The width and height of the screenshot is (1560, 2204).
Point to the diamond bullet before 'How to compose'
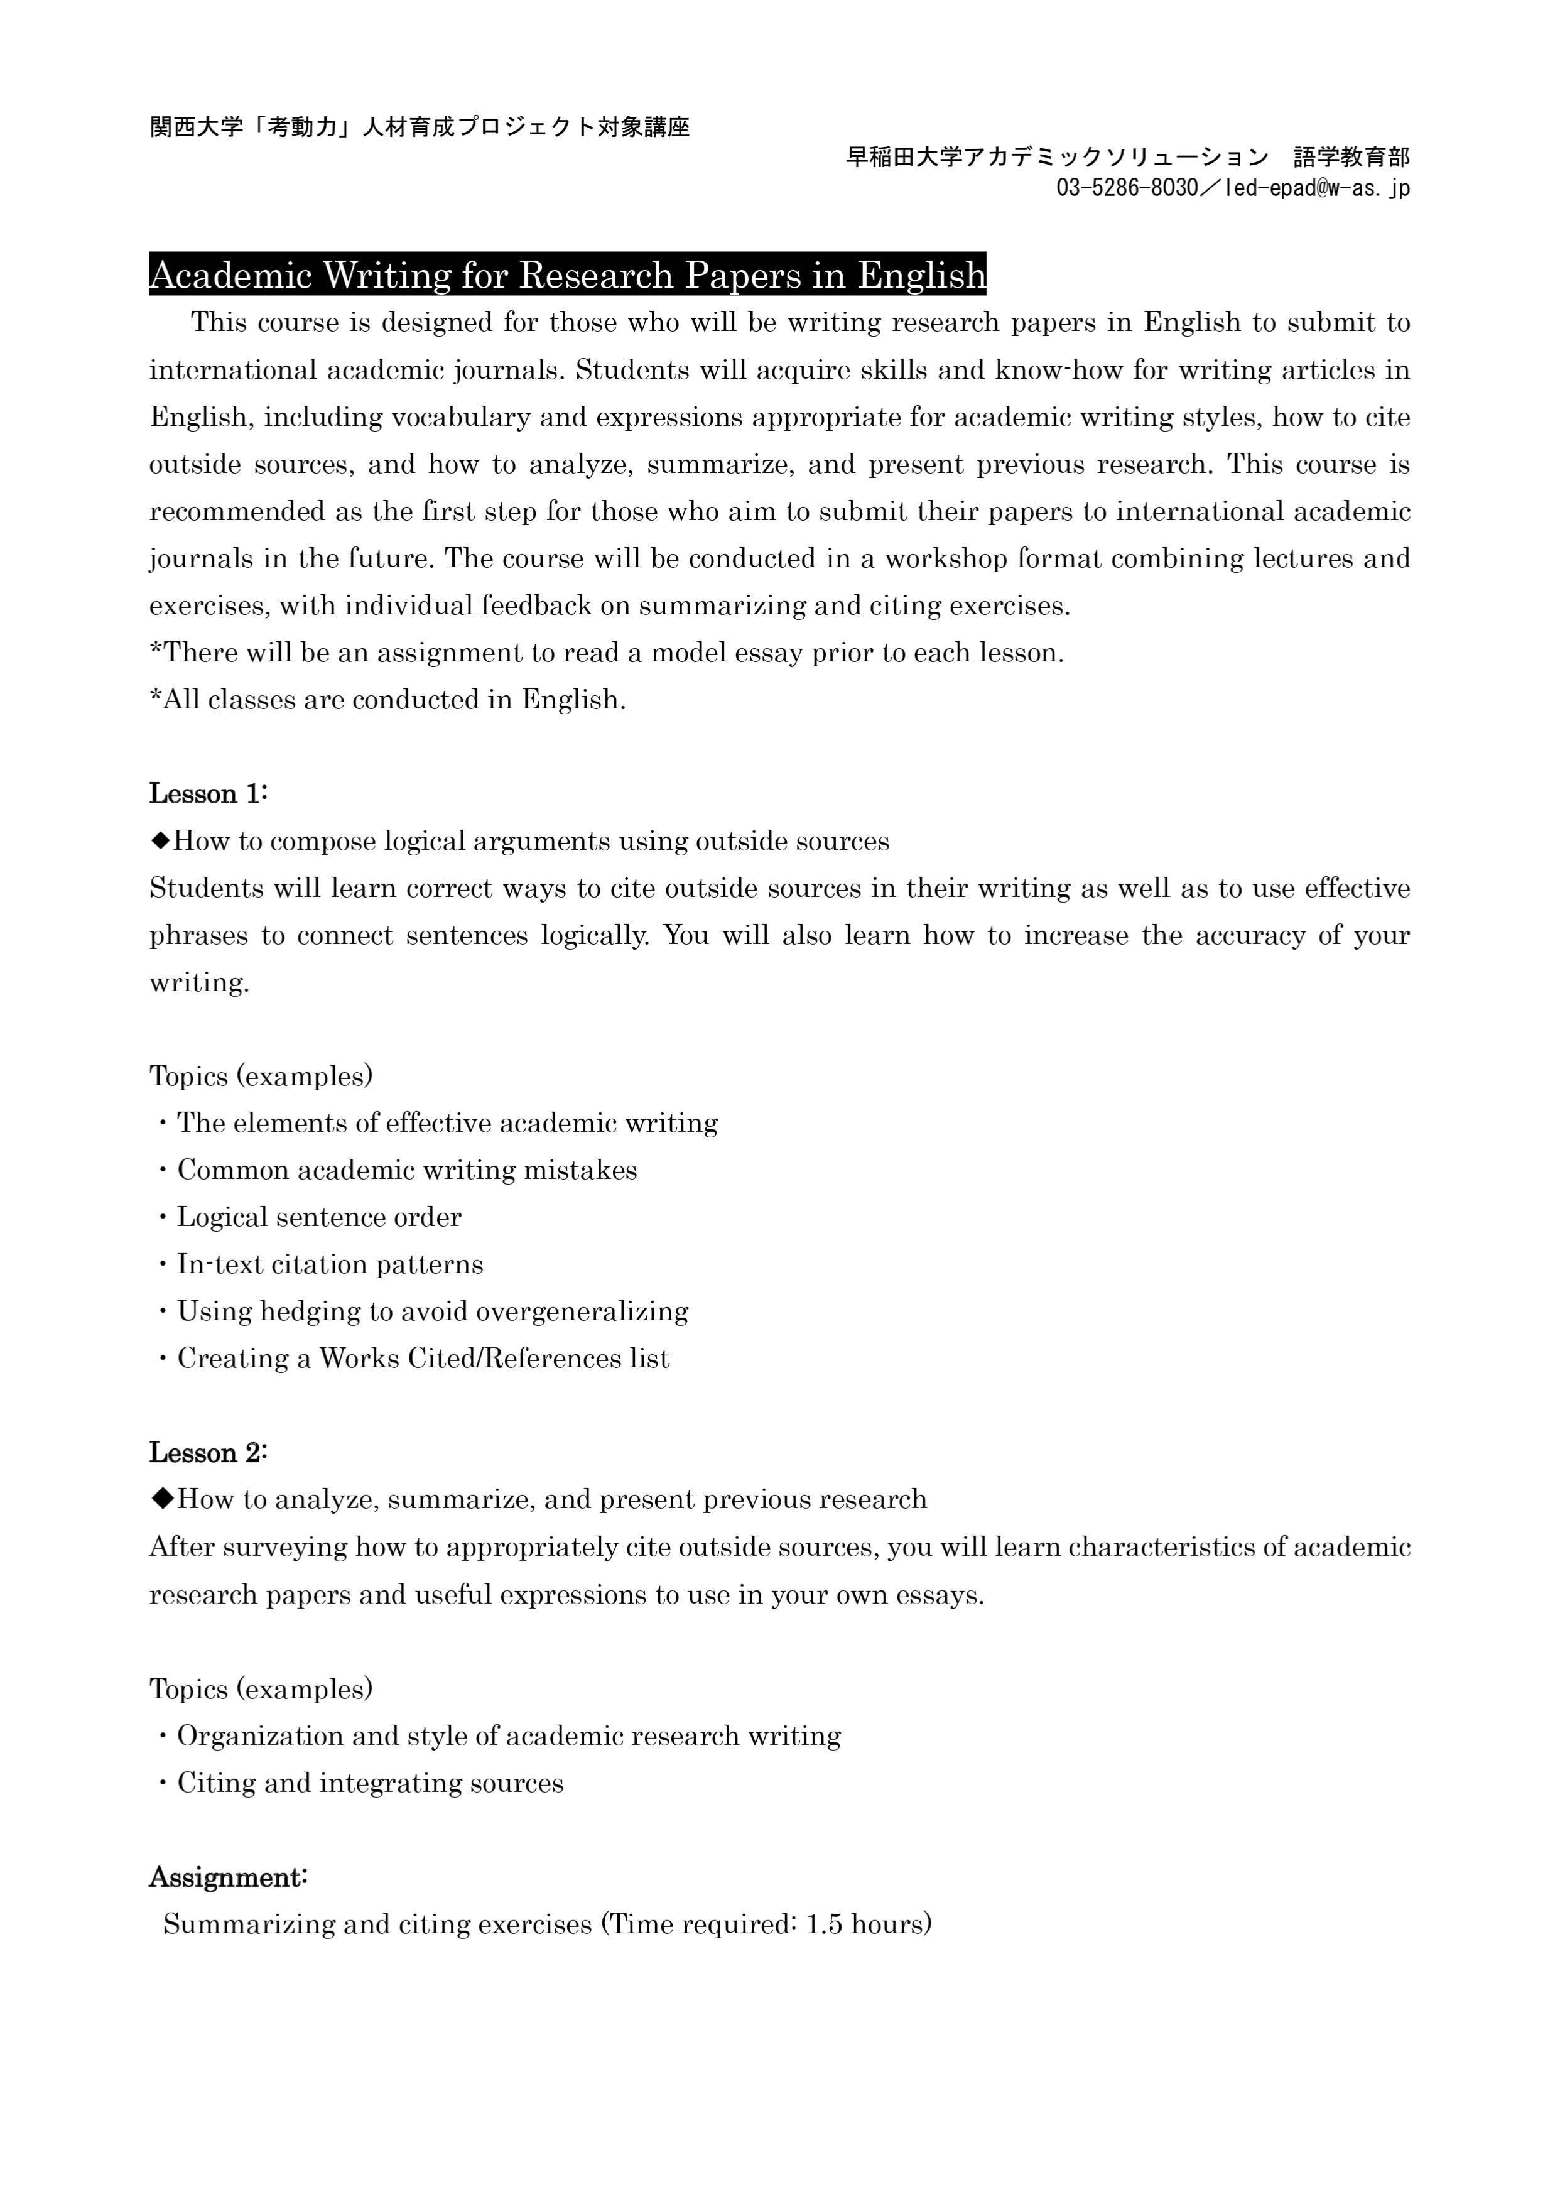(x=160, y=840)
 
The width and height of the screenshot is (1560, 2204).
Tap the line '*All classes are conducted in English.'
(x=388, y=700)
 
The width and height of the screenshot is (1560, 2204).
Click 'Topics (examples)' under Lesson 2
(x=261, y=1688)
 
